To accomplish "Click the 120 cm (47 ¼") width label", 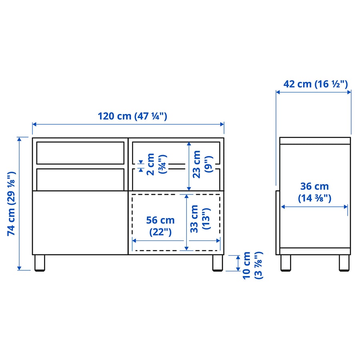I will click(132, 116).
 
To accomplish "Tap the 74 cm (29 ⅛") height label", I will click(12, 204).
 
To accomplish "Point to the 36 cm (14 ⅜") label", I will click(314, 192).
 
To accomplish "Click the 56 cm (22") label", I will click(160, 226).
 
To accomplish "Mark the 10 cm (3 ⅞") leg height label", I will click(252, 265).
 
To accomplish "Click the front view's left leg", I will click(39, 263).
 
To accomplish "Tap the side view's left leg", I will click(286, 263).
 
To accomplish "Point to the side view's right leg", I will click(345, 263).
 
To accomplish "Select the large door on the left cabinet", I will click(80, 222).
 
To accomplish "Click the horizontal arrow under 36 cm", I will click(314, 207).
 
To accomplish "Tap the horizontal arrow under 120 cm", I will click(128, 124).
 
